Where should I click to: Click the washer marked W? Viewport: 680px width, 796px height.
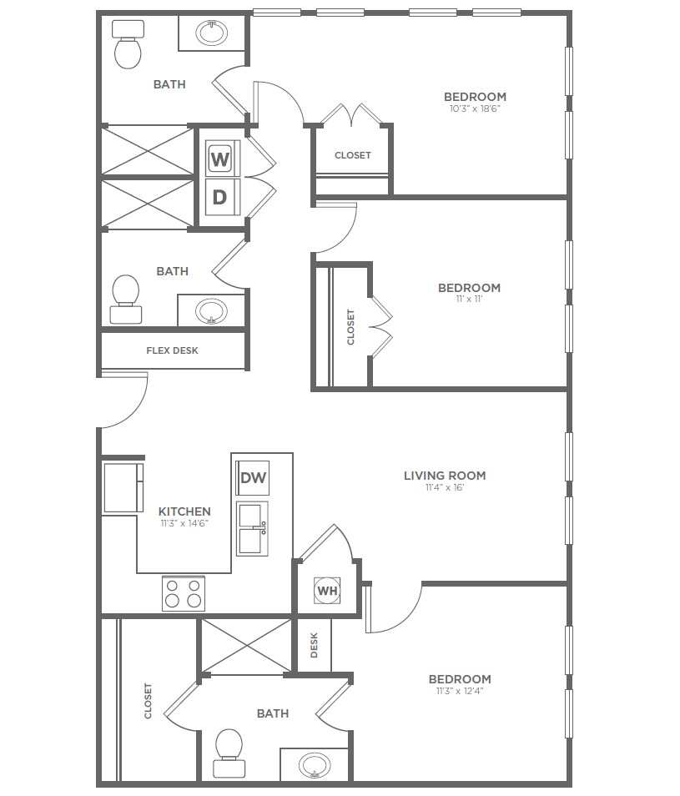point(222,159)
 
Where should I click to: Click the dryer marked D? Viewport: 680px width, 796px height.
point(222,196)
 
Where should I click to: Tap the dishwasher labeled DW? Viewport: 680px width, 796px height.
point(253,478)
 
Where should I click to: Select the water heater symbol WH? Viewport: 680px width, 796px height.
point(327,591)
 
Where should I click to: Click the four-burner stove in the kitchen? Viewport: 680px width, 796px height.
point(184,593)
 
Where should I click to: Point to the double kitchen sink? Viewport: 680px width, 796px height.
point(252,528)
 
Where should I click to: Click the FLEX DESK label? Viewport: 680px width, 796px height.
point(172,350)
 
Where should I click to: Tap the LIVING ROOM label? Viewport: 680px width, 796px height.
point(445,476)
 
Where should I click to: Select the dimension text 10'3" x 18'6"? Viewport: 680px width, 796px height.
point(475,108)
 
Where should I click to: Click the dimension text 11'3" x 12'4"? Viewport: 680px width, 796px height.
point(460,690)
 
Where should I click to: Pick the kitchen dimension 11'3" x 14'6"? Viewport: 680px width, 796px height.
point(184,523)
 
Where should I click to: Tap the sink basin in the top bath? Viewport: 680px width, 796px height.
point(212,33)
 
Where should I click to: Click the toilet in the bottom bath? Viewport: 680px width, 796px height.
point(229,753)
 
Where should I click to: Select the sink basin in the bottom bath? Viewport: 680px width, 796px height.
point(314,765)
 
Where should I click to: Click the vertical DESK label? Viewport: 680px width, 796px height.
point(314,645)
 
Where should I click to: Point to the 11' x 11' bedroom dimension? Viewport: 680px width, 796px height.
point(470,299)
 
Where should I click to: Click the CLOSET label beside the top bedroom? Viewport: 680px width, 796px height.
point(353,155)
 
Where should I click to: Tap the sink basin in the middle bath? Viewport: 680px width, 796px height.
point(211,310)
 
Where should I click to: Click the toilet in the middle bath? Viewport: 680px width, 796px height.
point(125,299)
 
